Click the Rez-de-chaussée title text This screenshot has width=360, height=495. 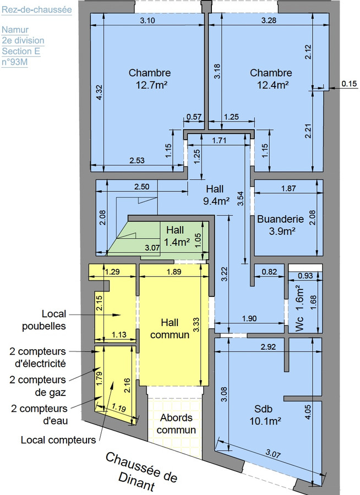click(x=37, y=9)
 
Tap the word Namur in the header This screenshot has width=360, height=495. click(x=15, y=30)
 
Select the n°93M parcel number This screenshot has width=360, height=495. click(x=15, y=62)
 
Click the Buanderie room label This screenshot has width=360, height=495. click(x=280, y=219)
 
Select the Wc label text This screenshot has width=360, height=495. click(x=298, y=323)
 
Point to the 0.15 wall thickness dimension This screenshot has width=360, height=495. click(x=349, y=84)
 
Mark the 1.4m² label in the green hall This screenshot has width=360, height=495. click(x=176, y=241)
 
